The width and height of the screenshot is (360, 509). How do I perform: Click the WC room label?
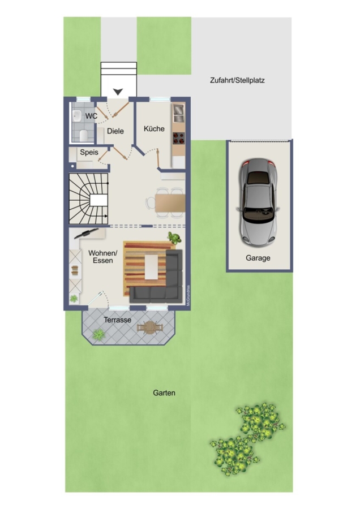pyautogui.click(x=91, y=116)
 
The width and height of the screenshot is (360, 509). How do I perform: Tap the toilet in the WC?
pyautogui.click(x=84, y=135)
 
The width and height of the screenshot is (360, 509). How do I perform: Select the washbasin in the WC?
pyautogui.click(x=77, y=115)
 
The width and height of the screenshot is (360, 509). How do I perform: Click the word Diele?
pyautogui.click(x=115, y=131)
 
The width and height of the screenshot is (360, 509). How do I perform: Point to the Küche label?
pyautogui.click(x=154, y=129)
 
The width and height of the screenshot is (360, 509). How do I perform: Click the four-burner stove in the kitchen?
pyautogui.click(x=178, y=139)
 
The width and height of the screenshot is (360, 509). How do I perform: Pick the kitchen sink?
pyautogui.click(x=178, y=113)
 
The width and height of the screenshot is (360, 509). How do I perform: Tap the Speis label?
pyautogui.click(x=89, y=153)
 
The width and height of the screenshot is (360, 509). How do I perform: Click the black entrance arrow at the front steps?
pyautogui.click(x=118, y=92)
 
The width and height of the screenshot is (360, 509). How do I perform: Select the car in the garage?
pyautogui.click(x=258, y=202)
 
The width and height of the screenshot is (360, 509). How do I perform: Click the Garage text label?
pyautogui.click(x=258, y=258)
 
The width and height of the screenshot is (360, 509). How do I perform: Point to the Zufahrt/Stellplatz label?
pyautogui.click(x=237, y=80)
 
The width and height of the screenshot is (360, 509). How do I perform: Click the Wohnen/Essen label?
pyautogui.click(x=102, y=257)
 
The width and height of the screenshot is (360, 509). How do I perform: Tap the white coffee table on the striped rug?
pyautogui.click(x=151, y=267)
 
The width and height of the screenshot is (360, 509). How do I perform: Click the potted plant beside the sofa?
pyautogui.click(x=174, y=238)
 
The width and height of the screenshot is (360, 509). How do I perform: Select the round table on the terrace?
pyautogui.click(x=150, y=327)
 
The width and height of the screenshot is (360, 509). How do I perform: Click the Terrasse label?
pyautogui.click(x=118, y=320)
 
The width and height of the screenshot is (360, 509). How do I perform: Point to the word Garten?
pyautogui.click(x=164, y=393)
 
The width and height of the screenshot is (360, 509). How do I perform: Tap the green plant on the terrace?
pyautogui.click(x=98, y=334)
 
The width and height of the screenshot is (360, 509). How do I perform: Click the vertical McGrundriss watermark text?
pyautogui.click(x=188, y=295)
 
